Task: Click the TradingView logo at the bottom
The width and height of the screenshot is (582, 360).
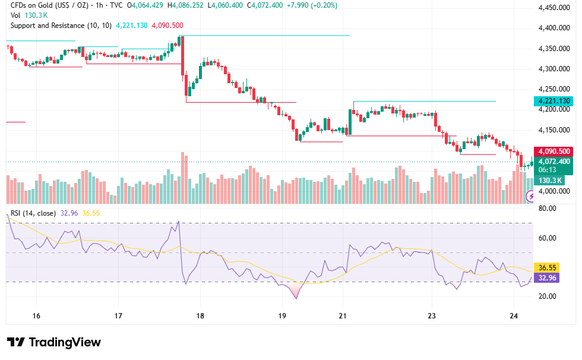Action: click(x=54, y=342)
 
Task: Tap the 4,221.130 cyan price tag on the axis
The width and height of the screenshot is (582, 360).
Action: click(x=553, y=101)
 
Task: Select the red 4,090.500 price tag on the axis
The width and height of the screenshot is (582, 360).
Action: click(x=553, y=151)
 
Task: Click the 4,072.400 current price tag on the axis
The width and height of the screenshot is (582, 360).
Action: click(x=553, y=162)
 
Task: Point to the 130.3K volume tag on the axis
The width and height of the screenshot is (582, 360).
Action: click(x=550, y=181)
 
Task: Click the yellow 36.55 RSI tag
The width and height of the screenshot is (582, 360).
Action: click(x=547, y=267)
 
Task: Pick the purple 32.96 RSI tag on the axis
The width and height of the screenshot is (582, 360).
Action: click(x=547, y=278)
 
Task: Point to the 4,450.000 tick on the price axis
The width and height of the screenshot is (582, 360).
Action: click(x=553, y=8)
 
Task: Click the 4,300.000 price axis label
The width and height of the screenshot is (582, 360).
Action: click(x=553, y=69)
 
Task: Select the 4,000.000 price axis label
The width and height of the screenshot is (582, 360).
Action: click(x=553, y=191)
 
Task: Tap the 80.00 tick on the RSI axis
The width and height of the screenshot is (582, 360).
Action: click(x=547, y=209)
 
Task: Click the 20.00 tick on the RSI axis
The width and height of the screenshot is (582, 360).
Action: click(x=547, y=296)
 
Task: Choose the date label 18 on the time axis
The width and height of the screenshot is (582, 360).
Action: click(x=200, y=316)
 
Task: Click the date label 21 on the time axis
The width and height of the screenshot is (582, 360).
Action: click(x=342, y=316)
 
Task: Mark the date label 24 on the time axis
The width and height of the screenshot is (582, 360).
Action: click(x=514, y=316)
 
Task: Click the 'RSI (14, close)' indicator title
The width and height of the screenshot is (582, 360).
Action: click(x=33, y=213)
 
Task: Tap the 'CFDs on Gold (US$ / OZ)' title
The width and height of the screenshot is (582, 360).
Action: click(x=49, y=5)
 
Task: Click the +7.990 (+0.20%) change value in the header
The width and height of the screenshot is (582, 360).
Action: click(x=312, y=5)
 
